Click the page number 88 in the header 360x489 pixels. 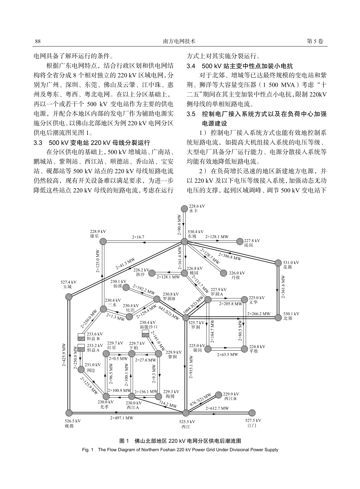pyautogui.click(x=38, y=41)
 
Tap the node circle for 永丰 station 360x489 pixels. pyautogui.click(x=184, y=208)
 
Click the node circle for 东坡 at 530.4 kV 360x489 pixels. pyautogui.click(x=184, y=241)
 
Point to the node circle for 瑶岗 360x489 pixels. pyautogui.click(x=239, y=241)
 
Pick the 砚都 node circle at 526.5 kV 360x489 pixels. pyautogui.click(x=69, y=413)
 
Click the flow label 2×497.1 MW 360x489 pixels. pyautogui.click(x=122, y=418)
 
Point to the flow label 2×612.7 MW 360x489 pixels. pyautogui.click(x=217, y=408)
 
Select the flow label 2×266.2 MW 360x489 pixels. pyautogui.click(x=259, y=314)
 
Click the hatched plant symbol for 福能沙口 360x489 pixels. pyautogui.click(x=145, y=333)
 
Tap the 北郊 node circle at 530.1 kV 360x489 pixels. pyautogui.click(x=279, y=317)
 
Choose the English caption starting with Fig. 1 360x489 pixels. pyautogui.click(x=180, y=450)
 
